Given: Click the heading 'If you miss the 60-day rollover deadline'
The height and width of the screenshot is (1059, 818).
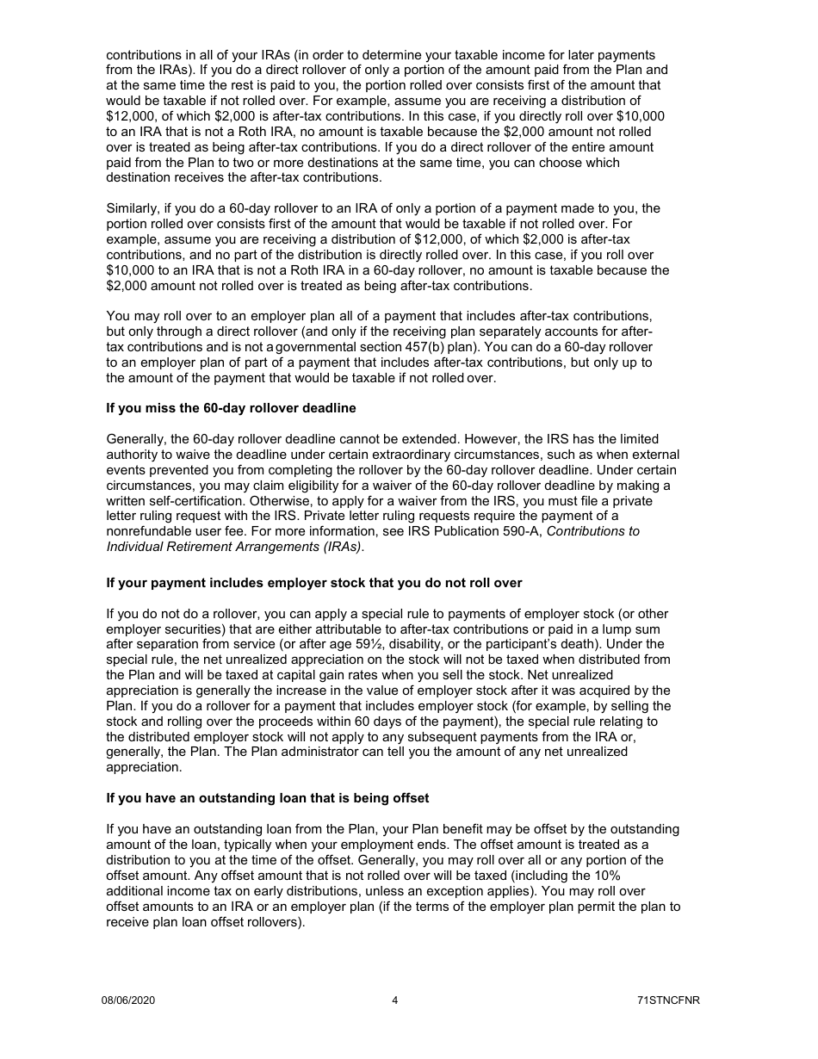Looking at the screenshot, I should tap(231, 408).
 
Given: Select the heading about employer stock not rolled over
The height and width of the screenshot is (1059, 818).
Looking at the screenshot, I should tap(313, 583).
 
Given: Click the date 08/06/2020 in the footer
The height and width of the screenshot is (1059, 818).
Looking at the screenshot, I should tap(128, 1000).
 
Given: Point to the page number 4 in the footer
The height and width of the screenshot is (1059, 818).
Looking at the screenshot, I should tap(394, 1000).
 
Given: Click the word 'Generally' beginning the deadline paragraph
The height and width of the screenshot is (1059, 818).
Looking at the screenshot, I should tap(135, 438).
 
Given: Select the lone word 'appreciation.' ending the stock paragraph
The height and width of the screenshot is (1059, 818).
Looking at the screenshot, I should tap(144, 767).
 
